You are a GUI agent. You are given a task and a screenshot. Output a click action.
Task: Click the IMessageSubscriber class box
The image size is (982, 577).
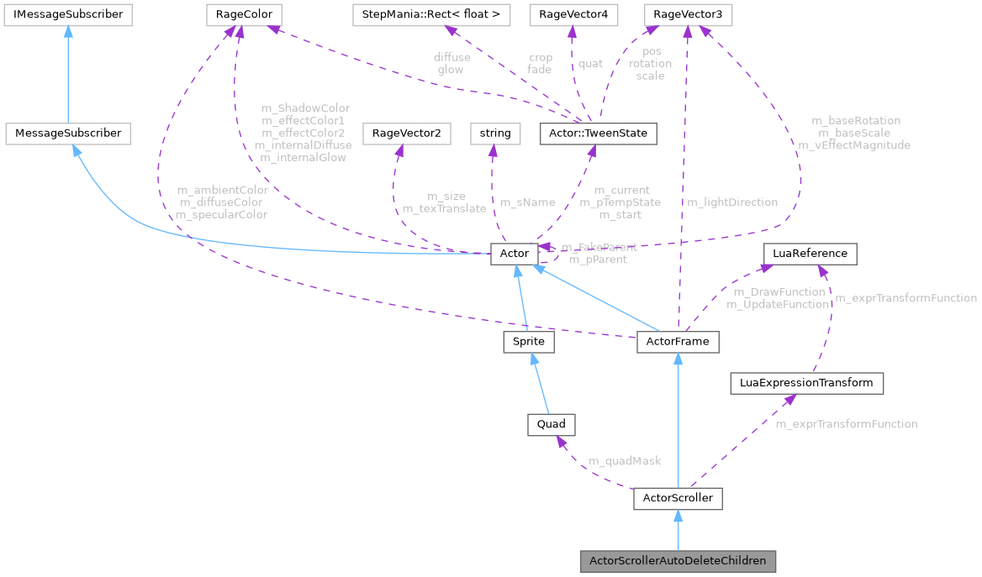(x=64, y=14)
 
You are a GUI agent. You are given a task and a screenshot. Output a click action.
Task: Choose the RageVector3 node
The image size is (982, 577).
(x=687, y=14)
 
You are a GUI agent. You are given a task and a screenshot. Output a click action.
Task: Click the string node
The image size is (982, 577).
(x=495, y=133)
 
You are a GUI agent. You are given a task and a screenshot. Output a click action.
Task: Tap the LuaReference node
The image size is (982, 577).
(x=810, y=253)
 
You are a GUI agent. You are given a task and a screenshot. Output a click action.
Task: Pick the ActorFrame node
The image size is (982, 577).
(x=678, y=342)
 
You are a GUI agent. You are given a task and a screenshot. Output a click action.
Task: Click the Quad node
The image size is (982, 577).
(x=550, y=424)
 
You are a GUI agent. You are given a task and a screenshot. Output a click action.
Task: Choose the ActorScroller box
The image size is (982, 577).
(x=678, y=499)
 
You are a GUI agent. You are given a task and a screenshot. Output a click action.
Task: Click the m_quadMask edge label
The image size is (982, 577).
(x=625, y=461)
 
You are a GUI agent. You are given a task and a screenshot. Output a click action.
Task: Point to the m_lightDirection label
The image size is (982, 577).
(x=732, y=202)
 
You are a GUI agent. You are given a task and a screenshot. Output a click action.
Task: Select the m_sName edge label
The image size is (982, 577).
(x=527, y=202)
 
